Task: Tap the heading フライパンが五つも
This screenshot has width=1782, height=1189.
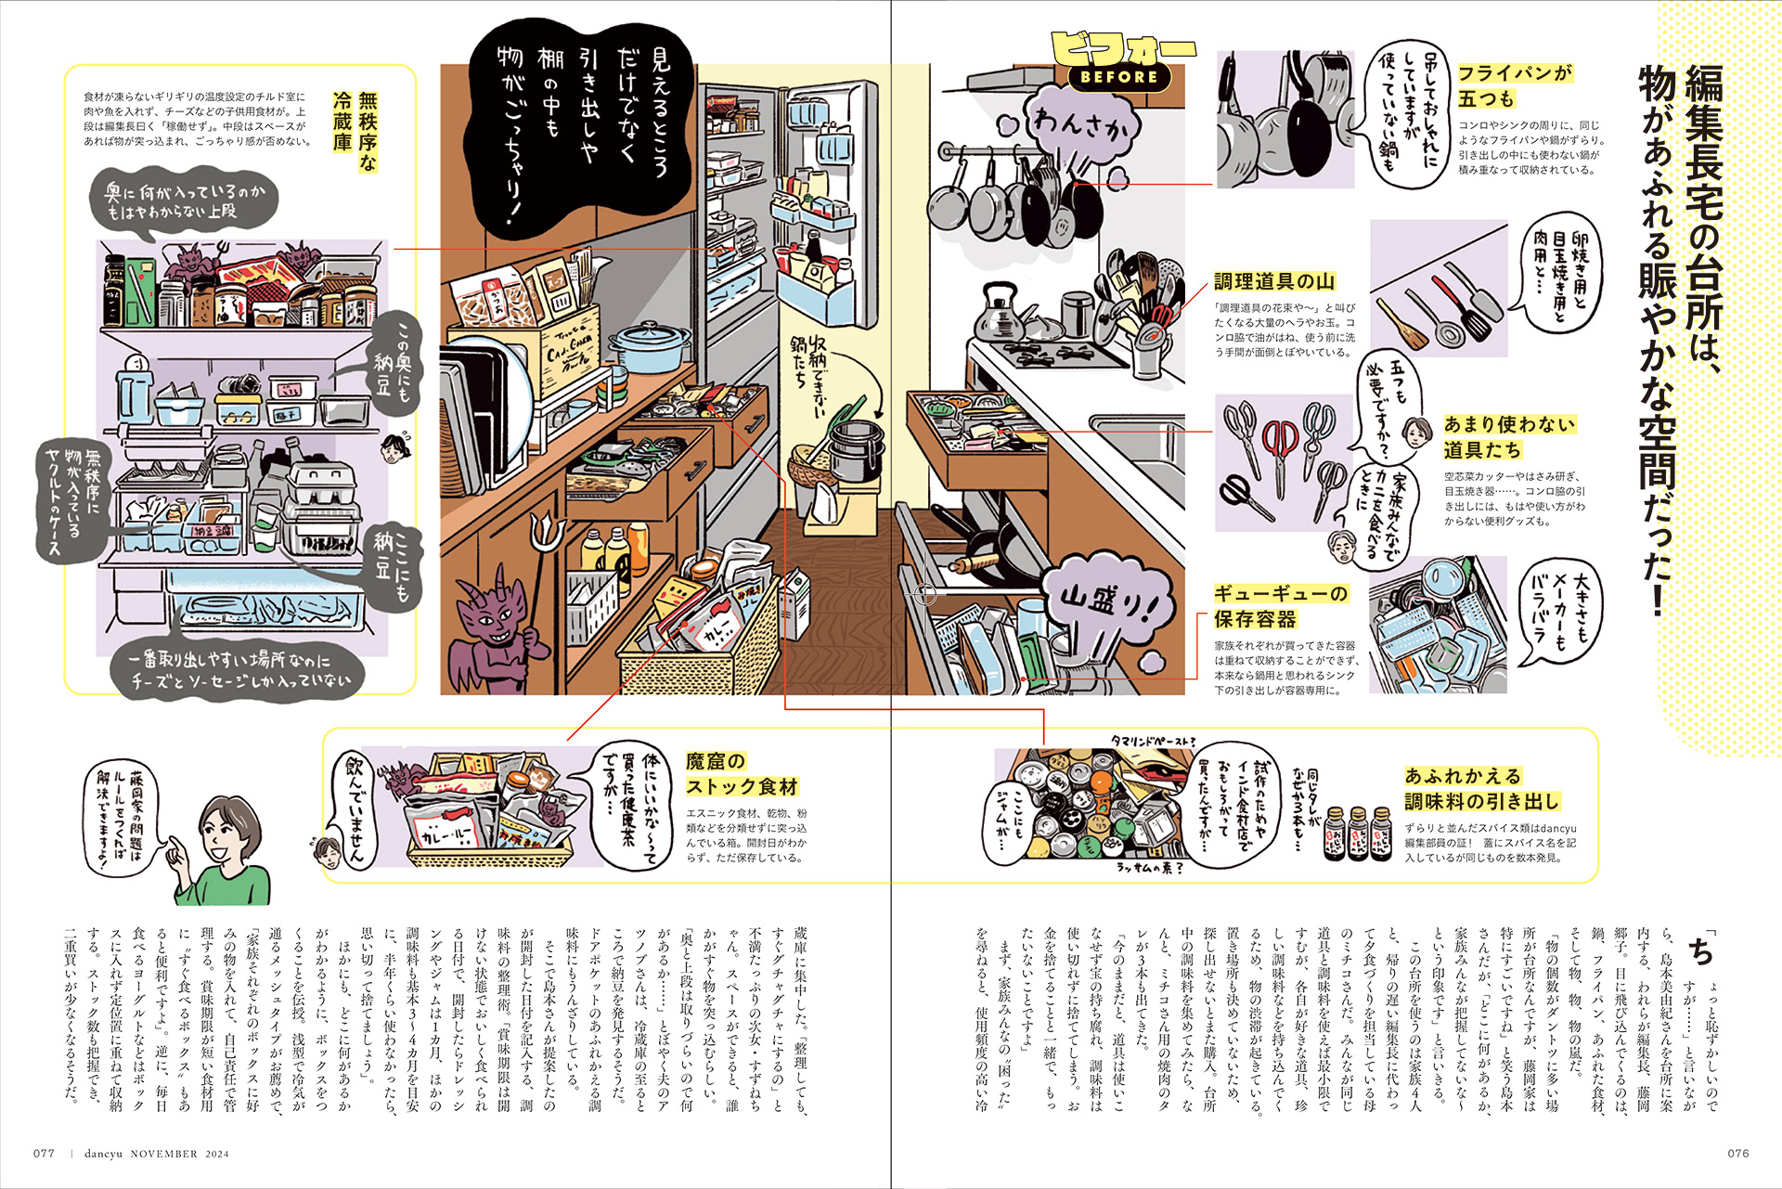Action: point(1515,85)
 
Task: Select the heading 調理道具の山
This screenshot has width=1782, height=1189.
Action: point(1274,281)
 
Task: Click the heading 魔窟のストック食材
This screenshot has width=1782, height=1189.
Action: point(742,774)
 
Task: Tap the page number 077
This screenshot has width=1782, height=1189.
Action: point(44,1154)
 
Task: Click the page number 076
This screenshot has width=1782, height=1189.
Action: point(1737,1154)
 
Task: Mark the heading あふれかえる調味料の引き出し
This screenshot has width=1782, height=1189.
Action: point(1481,788)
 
